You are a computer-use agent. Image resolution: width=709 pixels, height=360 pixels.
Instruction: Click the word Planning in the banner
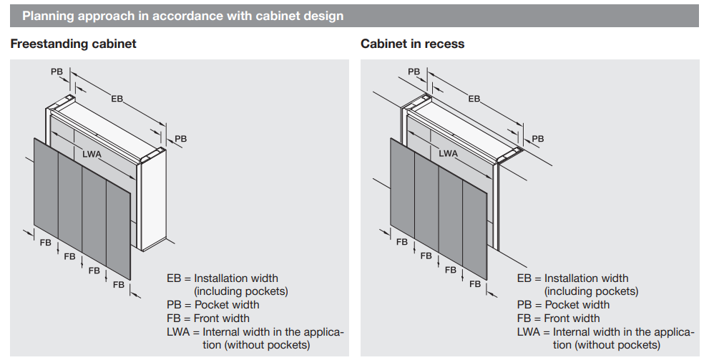tap(47, 16)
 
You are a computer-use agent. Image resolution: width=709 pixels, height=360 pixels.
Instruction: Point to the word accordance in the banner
tap(166, 16)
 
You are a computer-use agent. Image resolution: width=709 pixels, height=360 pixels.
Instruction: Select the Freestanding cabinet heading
tap(73, 44)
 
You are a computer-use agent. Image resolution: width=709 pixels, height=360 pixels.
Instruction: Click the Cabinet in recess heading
tap(412, 44)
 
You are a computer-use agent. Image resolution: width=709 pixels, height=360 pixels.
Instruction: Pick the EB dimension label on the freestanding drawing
tap(117, 98)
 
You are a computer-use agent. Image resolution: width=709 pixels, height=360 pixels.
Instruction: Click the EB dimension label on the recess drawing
tap(474, 98)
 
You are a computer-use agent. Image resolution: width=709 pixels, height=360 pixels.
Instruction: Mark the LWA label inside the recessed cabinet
tap(449, 153)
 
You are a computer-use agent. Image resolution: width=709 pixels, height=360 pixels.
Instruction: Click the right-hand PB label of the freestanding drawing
tap(181, 138)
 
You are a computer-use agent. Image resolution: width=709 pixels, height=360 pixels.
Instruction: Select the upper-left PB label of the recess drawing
tap(414, 72)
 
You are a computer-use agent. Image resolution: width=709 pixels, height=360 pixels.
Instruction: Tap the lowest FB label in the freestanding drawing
tap(118, 284)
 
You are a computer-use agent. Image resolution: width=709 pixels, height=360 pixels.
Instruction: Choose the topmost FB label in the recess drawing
tap(402, 242)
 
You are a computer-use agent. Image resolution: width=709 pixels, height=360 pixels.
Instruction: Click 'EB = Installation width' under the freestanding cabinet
tap(223, 278)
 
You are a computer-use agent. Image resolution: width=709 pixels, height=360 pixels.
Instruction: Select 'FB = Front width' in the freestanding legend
tap(208, 318)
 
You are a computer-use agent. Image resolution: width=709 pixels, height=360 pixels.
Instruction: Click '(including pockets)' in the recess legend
tap(591, 291)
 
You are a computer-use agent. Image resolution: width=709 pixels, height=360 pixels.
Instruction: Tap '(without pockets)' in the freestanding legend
tap(255, 345)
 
